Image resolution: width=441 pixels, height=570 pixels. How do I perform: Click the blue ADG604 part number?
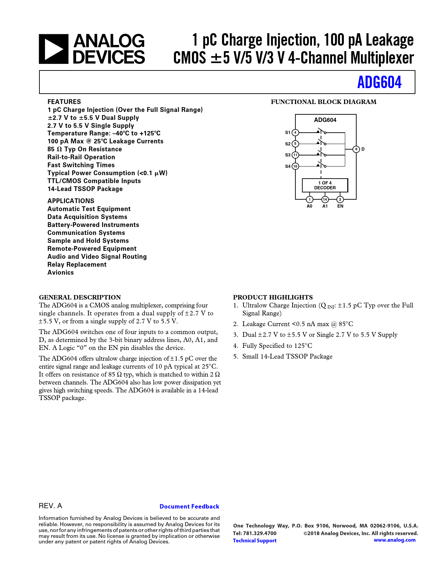click(379, 82)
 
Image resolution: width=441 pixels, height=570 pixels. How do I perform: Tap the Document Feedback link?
click(189, 506)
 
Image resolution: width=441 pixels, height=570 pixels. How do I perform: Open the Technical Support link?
click(255, 541)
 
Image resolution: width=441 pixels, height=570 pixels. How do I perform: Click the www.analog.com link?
click(395, 540)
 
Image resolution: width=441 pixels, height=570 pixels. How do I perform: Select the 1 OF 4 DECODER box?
click(325, 186)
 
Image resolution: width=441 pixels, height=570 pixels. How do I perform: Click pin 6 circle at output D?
click(356, 149)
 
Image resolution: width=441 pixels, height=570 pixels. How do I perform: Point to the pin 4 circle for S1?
click(295, 132)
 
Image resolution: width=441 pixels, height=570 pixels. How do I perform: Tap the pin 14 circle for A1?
click(325, 199)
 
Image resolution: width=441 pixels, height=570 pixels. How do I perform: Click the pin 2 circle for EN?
click(340, 199)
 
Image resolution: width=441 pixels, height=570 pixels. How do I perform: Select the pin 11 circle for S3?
click(295, 155)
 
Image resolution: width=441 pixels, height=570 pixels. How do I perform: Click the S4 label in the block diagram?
click(288, 167)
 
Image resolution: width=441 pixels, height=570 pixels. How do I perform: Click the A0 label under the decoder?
click(310, 206)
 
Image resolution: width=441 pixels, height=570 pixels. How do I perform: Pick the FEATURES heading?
click(64, 102)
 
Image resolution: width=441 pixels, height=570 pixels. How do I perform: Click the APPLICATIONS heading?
click(71, 201)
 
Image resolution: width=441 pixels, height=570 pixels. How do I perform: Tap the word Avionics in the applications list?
click(61, 273)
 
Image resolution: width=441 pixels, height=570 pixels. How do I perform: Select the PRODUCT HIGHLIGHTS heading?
click(273, 297)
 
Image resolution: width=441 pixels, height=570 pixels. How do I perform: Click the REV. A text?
click(50, 506)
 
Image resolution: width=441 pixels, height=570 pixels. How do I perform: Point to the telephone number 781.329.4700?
click(260, 533)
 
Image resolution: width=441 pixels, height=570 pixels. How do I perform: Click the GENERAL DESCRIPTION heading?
click(80, 297)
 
